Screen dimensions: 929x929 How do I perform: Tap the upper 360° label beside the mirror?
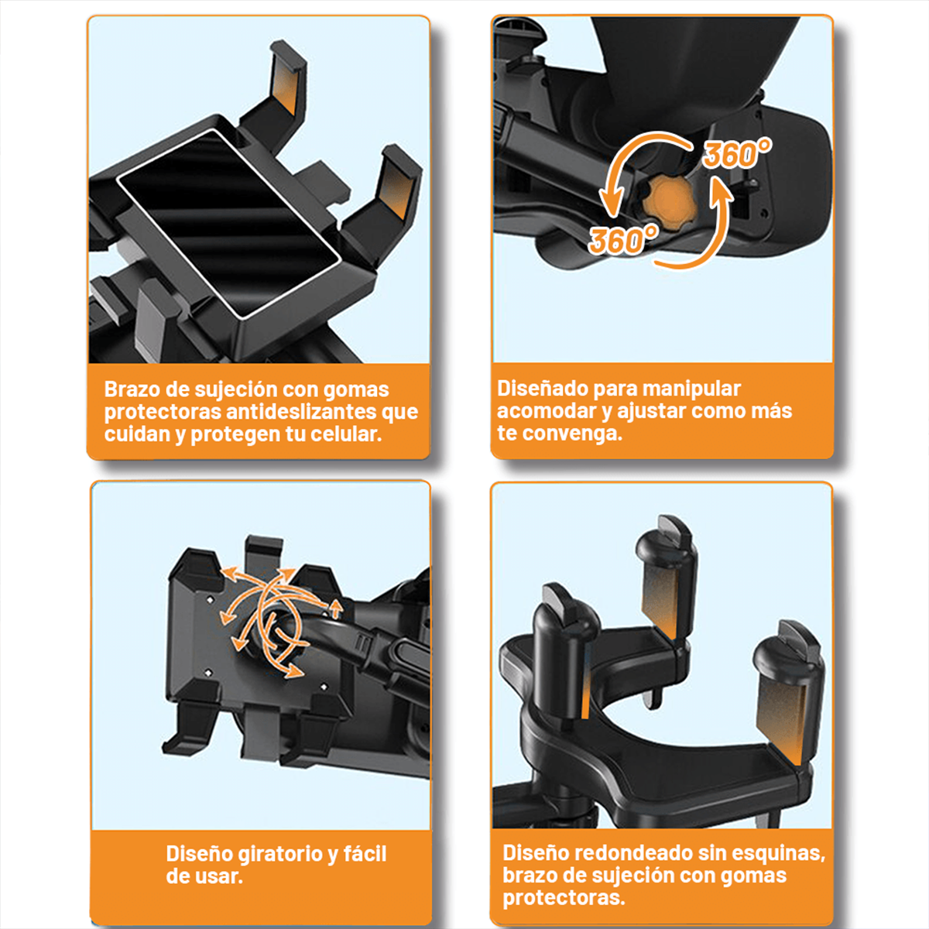[x=737, y=155]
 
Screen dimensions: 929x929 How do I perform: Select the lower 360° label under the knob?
[x=623, y=241]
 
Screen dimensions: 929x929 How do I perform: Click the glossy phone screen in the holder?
[x=228, y=225]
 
